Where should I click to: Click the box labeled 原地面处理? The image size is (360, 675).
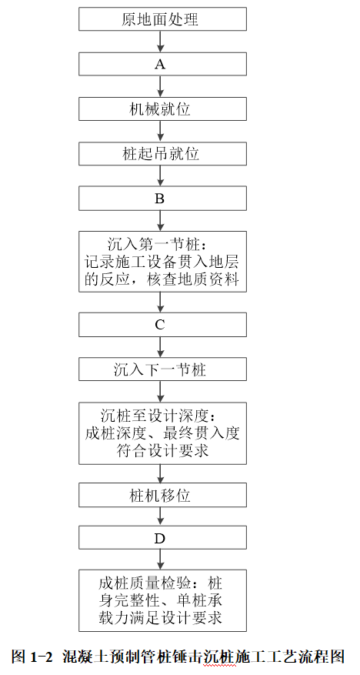(162, 19)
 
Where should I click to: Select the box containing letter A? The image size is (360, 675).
(162, 64)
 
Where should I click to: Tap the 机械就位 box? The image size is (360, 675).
(162, 109)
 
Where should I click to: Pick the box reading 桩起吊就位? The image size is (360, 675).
(162, 154)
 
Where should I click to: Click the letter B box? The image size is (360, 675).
(162, 199)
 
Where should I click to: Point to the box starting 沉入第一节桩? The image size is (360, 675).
(162, 262)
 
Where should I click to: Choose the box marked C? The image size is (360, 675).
(162, 325)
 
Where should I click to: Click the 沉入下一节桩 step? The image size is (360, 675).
(162, 369)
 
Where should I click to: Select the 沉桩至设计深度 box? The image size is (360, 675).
(162, 433)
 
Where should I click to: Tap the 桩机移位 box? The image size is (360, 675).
(162, 495)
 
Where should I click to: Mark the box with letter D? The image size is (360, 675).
(162, 539)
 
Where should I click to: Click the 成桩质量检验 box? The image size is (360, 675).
(162, 601)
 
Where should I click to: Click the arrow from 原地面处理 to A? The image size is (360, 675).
(161, 42)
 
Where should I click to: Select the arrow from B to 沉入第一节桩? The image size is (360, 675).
(161, 221)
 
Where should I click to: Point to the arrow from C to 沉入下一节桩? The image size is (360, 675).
(161, 347)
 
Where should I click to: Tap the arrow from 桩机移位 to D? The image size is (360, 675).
(161, 517)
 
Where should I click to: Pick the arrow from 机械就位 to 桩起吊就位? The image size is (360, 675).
(161, 132)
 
